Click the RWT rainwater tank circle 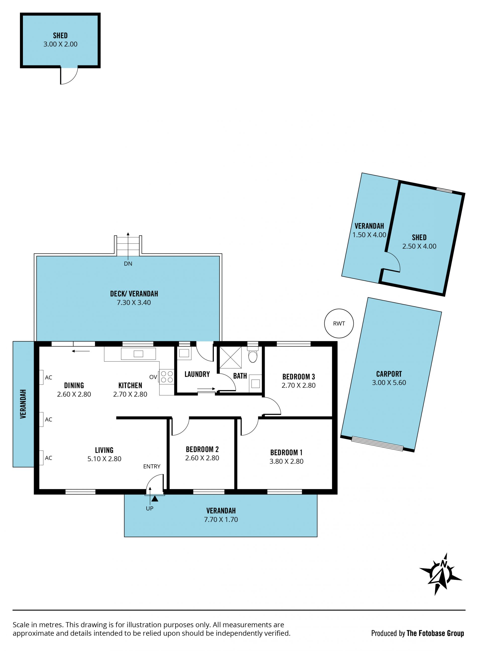point(339,323)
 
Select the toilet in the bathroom point(253,355)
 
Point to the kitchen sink point(138,354)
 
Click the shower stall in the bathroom point(230,357)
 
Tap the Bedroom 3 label point(298,377)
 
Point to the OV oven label point(153,377)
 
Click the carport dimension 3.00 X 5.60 point(389,383)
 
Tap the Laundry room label point(197,374)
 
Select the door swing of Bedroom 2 point(180,426)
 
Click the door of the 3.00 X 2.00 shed point(69,76)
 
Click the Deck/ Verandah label point(134,294)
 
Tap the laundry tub point(184,353)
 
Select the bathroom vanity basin point(255,384)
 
